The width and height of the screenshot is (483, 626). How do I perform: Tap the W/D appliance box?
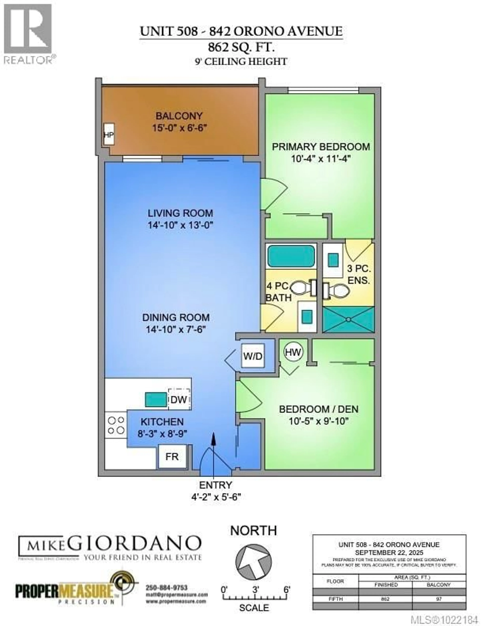coord(253,356)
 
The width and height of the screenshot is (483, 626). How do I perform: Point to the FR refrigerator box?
coord(172,457)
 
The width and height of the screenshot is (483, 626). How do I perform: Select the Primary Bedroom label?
coord(321,147)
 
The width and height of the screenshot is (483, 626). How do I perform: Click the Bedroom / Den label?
coord(318,409)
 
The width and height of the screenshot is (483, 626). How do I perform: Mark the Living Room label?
coord(180,213)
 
